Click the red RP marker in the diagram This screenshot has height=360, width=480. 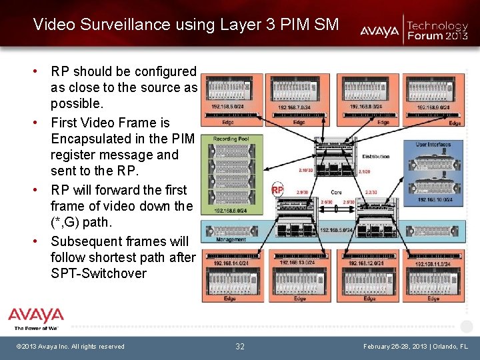277,190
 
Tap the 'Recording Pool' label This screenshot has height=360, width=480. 231,139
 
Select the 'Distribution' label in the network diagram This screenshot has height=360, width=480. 375,156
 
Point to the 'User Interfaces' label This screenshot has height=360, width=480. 433,144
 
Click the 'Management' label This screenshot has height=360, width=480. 231,239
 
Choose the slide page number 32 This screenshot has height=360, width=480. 240,346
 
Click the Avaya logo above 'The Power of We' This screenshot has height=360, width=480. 36,315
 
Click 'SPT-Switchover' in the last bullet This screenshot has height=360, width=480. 99,273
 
